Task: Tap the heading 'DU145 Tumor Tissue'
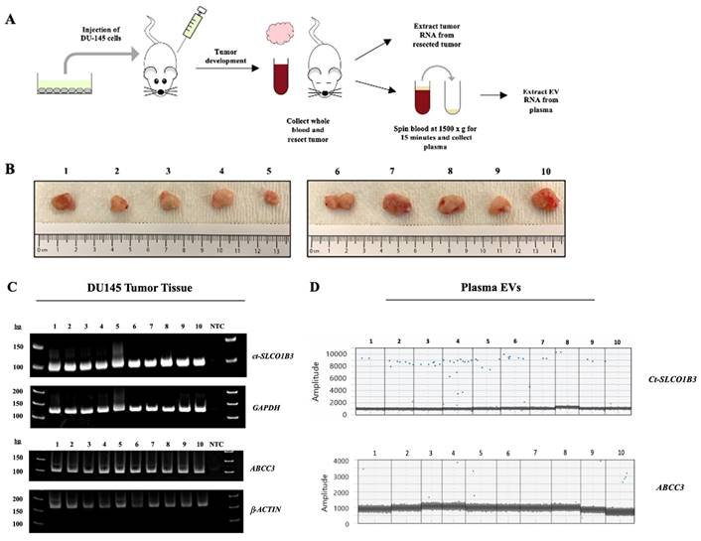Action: tap(149, 288)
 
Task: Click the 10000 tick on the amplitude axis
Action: tap(335, 353)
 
